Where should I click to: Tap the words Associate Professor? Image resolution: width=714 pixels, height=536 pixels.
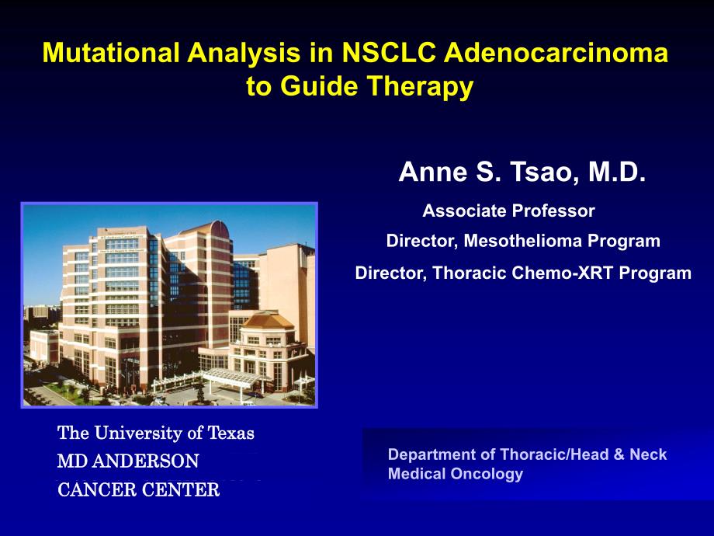pos(508,211)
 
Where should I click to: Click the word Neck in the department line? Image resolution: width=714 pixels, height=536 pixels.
pos(646,454)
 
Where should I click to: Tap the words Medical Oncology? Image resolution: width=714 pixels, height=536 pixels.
pos(456,474)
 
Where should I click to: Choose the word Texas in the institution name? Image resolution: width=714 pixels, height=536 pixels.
pos(230,433)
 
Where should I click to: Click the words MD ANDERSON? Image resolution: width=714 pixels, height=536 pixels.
pos(128,461)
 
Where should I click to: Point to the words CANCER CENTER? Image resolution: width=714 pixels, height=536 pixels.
pos(138,489)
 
